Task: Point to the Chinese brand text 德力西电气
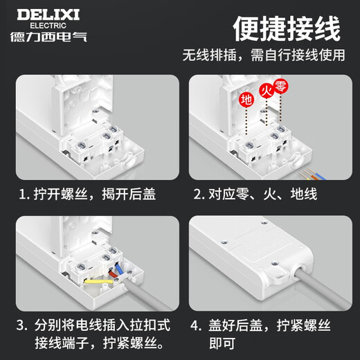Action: click(46, 39)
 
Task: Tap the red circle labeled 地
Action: click(245, 99)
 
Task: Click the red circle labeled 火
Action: click(266, 90)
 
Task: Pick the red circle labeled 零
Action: click(280, 85)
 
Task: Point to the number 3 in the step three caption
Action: click(23, 324)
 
